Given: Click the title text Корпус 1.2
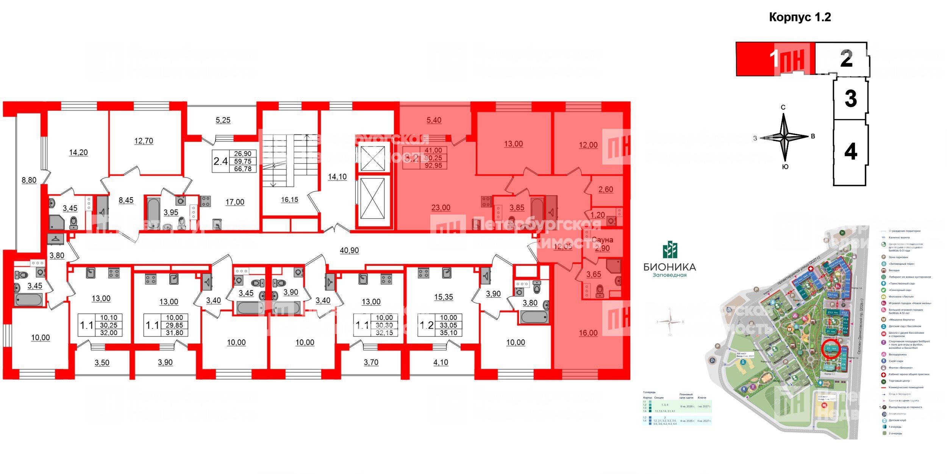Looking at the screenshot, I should pos(800,17).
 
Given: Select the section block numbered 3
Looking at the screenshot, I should pos(850,99).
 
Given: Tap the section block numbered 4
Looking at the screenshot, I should pos(850,152).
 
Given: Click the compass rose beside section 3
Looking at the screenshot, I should pos(784,137).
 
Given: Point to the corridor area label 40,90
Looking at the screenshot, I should pos(349,251).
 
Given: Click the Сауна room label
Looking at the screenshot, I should pos(602,240).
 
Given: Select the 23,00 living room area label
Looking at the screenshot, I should pos(441,208).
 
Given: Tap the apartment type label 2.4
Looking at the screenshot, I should pos(220,162).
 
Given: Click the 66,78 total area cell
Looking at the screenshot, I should pos(243,169).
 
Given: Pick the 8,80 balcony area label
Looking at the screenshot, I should pos(29,180).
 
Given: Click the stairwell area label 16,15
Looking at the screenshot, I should pos(289,200).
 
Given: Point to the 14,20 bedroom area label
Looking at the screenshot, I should pos(78,153).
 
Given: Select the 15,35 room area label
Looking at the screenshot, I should pos(444,297).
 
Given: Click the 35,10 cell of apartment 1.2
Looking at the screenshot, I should pos(448,333).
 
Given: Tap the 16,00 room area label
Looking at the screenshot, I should pos(588,333).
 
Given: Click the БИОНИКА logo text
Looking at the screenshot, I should pos(670,267).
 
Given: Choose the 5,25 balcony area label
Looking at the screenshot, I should pos(223,120).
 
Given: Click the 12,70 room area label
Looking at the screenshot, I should pos(144,141).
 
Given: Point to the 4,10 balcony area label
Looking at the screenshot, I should pos(441,363).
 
